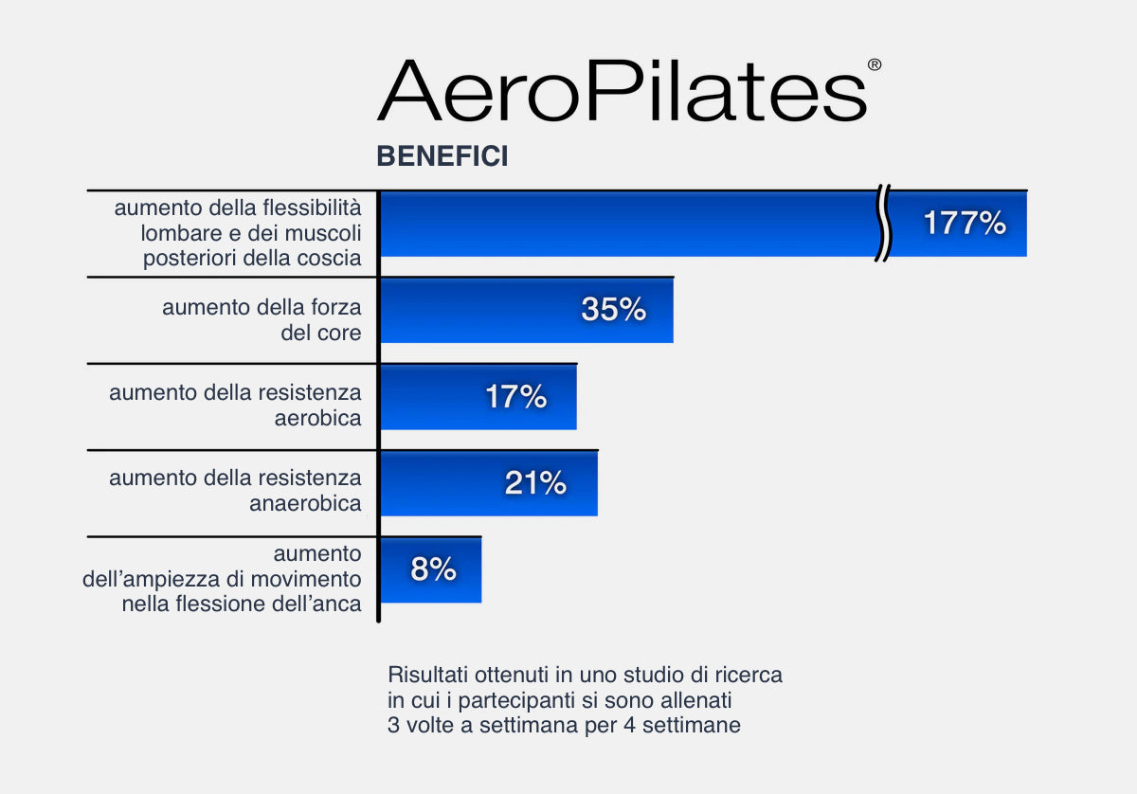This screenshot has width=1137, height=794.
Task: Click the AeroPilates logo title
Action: point(622,90)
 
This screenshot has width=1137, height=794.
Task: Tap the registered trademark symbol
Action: point(874,65)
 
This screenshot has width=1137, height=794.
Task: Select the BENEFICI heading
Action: point(442,155)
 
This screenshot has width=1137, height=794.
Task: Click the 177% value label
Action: point(965,223)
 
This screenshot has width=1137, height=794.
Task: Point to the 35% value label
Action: point(614,309)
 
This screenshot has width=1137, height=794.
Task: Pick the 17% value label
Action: point(516,396)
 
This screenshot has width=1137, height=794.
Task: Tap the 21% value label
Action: point(535,482)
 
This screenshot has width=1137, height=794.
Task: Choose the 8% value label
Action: point(434,568)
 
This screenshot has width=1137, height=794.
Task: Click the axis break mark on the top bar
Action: point(883,224)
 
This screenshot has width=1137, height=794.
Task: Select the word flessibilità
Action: point(312,208)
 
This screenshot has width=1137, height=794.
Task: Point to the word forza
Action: point(336,307)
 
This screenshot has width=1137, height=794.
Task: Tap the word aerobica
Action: point(317,419)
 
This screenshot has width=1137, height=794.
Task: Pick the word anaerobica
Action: point(305,504)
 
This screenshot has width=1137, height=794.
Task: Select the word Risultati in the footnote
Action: point(427,676)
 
